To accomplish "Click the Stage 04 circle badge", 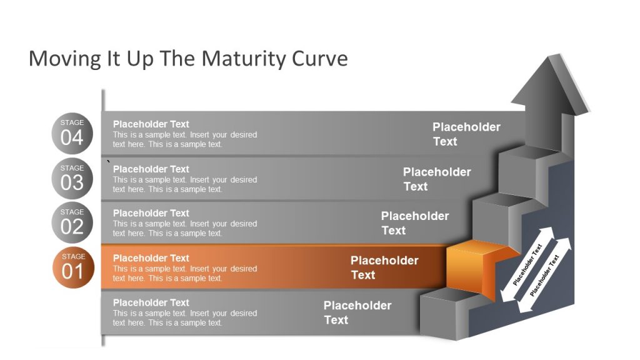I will (x=72, y=133).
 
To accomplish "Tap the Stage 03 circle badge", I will (x=72, y=178).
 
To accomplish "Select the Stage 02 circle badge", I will (x=72, y=222).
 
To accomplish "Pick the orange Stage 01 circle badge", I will (x=72, y=267).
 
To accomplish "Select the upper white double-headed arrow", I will (x=527, y=264).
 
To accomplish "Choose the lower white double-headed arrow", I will (x=544, y=275).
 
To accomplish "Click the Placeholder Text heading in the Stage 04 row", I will (x=151, y=124).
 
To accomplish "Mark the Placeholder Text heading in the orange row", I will (x=151, y=257).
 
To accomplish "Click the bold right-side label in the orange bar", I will (x=384, y=267).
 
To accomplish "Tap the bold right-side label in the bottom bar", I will (x=357, y=312).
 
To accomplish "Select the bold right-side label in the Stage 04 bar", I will (x=466, y=134).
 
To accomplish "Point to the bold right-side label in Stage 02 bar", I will (x=414, y=222).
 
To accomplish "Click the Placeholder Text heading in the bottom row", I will (x=151, y=302).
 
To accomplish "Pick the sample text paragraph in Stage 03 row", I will (x=184, y=184).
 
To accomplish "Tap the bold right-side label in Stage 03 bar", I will (x=437, y=179).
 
